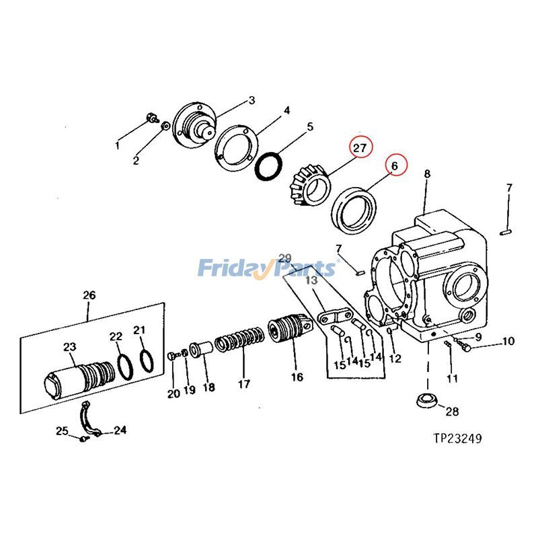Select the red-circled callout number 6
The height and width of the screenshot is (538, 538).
pos(395,165)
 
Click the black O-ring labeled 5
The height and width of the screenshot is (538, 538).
pos(272,166)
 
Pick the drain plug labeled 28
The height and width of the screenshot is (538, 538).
pos(425,398)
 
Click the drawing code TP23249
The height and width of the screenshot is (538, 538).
pos(457,438)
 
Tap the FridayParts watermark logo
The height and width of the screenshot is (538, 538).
pos(266,268)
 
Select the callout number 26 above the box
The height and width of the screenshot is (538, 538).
pos(89,295)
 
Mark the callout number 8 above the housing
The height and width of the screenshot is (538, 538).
pos(426,174)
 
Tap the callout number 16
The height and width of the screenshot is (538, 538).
pos(297,377)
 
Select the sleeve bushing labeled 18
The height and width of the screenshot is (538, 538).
pos(202,350)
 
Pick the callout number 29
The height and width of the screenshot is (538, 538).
pos(285,258)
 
